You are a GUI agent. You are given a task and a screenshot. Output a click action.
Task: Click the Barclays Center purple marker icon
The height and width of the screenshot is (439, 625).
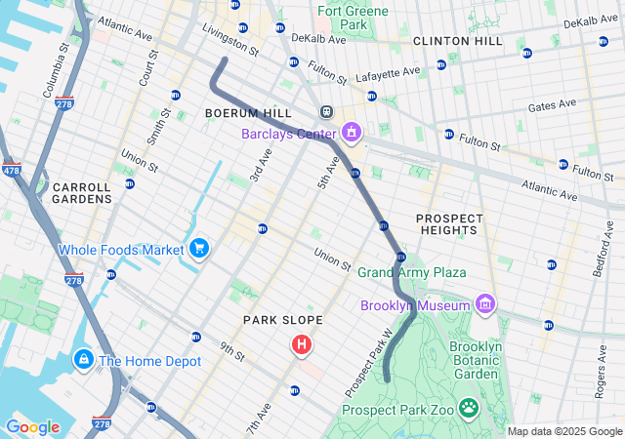coord(352,133)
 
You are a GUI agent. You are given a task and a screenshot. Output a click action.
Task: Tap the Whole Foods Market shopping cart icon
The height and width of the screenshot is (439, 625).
coord(199,249)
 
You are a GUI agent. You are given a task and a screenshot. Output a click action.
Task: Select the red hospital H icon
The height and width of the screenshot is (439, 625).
coord(302,344)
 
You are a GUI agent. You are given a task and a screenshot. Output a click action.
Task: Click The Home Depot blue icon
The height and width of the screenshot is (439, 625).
coord(84,361)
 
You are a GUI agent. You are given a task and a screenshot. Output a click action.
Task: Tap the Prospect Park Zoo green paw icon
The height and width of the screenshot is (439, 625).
coord(469,407)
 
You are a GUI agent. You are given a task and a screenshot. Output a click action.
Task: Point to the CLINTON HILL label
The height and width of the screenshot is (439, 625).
coord(457,41)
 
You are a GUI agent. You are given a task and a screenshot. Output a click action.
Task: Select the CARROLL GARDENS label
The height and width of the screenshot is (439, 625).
coord(83,192)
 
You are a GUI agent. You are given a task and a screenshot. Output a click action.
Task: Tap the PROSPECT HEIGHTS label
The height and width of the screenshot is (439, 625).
coord(447,223)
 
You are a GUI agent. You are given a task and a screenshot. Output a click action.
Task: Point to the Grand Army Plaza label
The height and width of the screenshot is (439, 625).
coord(411,272)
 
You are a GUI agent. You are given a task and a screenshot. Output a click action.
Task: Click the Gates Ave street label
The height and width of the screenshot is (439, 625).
coord(554,105)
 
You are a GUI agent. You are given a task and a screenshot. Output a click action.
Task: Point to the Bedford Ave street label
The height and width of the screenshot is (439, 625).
coord(604,249)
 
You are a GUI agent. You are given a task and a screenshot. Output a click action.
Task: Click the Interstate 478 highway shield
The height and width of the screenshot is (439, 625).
coord(11,171)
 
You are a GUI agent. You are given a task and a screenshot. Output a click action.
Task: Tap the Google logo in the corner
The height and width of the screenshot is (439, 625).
coord(33,427)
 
